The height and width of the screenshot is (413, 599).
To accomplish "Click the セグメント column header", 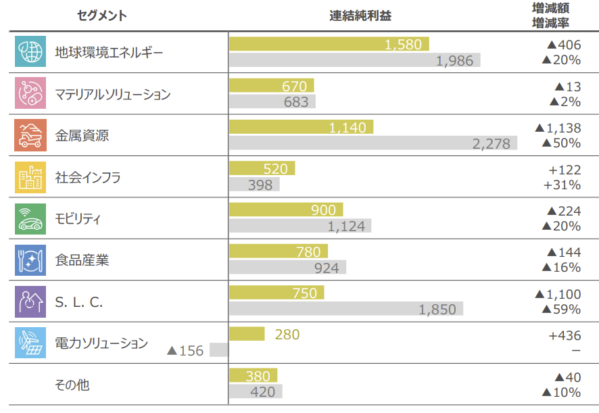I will [x=102, y=16].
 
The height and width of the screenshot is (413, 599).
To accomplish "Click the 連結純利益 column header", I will [x=365, y=16].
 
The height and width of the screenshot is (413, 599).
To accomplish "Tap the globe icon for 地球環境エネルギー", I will [x=30, y=53].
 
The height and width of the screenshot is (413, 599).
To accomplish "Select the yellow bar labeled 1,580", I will [x=329, y=45].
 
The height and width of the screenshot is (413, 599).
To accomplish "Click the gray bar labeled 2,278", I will [x=373, y=143].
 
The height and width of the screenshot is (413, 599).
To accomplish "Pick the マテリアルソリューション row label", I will [x=112, y=95].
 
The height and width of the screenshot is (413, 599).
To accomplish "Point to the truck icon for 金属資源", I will [x=30, y=136].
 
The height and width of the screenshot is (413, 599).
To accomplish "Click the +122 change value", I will [x=563, y=170].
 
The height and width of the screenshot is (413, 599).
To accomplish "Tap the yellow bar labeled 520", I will [x=262, y=169].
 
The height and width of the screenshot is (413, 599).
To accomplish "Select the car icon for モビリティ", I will [x=30, y=219].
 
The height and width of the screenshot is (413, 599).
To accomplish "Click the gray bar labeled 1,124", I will [x=300, y=226].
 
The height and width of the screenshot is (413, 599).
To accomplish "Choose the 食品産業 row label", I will [x=82, y=260].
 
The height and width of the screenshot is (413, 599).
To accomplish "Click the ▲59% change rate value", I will [x=560, y=310].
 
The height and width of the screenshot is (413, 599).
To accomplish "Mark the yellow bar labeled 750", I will [x=277, y=293].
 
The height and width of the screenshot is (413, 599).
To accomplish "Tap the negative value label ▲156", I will [x=185, y=351].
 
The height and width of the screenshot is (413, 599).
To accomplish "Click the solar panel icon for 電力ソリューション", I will [x=30, y=343].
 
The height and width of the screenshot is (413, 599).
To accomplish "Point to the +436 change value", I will [x=563, y=335].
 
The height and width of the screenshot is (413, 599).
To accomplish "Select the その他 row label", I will [x=72, y=385].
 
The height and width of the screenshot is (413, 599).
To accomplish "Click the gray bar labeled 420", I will [x=256, y=392].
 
